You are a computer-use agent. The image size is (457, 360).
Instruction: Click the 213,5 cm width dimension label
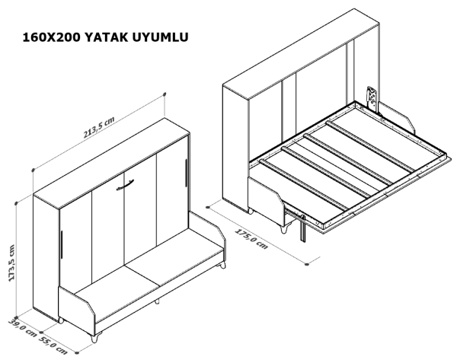click(x=99, y=127)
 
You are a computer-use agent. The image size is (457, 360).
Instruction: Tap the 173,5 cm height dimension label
click(x=11, y=263)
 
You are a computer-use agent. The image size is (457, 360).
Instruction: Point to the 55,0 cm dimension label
click(x=53, y=346)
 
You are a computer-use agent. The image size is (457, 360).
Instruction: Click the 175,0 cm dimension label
click(x=251, y=239)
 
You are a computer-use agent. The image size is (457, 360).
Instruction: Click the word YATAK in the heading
click(x=107, y=37)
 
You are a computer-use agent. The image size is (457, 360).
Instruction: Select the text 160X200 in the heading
click(x=51, y=37)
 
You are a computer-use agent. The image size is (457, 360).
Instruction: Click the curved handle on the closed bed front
click(x=125, y=186)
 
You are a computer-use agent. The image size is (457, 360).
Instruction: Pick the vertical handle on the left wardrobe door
click(x=62, y=244)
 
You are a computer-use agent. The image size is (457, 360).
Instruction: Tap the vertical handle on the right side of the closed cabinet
click(x=185, y=173)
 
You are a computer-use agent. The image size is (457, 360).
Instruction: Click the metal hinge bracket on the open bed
click(x=372, y=98)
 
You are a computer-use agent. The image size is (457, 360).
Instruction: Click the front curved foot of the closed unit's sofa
click(x=95, y=337)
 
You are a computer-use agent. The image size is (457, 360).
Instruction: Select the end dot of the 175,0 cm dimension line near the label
click(x=307, y=264)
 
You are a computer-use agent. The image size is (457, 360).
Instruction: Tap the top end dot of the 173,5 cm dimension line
click(x=17, y=203)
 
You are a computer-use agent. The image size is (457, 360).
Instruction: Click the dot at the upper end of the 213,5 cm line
click(x=165, y=94)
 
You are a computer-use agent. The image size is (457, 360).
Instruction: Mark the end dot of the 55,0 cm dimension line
click(x=77, y=352)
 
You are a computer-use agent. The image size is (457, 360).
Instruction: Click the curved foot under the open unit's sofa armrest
click(x=284, y=228)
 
